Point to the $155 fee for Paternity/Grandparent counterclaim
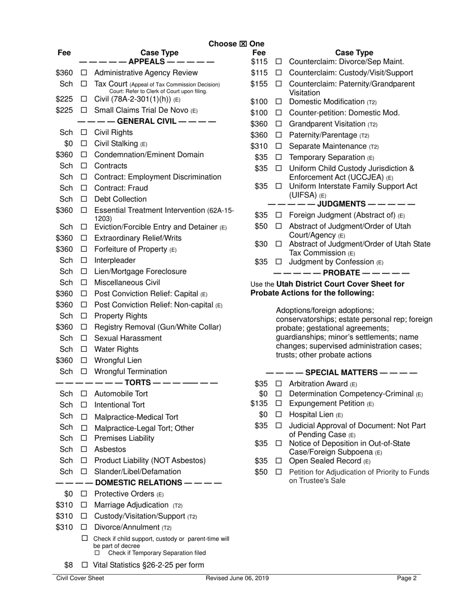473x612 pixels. pyautogui.click(x=259, y=84)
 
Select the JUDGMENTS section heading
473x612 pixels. pyautogui.click(x=341, y=204)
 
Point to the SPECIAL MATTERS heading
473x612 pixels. pyautogui.click(x=342, y=372)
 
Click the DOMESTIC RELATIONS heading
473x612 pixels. pyautogui.click(x=138, y=483)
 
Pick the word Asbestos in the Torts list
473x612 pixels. pyautogui.click(x=110, y=449)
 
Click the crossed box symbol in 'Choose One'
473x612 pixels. pyautogui.click(x=243, y=44)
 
